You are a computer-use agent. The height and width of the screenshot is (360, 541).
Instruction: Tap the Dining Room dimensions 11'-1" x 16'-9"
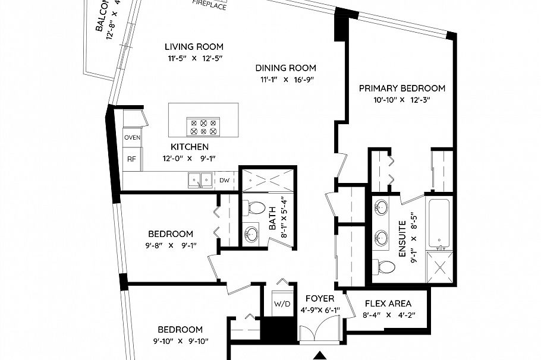pos(286,80)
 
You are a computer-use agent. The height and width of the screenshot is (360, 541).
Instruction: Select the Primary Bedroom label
pos(402,89)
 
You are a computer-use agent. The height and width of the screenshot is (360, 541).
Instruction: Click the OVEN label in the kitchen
pos(132,138)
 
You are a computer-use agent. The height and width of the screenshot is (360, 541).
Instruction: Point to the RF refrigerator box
pos(131,159)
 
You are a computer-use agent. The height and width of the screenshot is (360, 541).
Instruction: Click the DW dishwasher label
pos(224,180)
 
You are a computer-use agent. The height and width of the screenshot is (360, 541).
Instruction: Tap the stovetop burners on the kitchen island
pos(203,127)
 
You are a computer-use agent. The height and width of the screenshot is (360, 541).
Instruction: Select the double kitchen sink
pos(199,179)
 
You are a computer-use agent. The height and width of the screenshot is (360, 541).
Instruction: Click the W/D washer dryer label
pos(281,304)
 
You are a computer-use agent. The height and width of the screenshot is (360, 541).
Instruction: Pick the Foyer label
pos(320,298)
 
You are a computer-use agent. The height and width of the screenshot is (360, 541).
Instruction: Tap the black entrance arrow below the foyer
pos(320,356)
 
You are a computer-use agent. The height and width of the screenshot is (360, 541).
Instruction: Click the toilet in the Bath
pos(256,209)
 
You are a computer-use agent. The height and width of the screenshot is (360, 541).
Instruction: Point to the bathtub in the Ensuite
pos(440,223)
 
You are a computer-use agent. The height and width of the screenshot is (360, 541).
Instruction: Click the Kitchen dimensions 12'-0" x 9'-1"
pos(189,159)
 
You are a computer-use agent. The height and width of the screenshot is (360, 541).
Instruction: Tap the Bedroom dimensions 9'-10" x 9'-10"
pos(180,342)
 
